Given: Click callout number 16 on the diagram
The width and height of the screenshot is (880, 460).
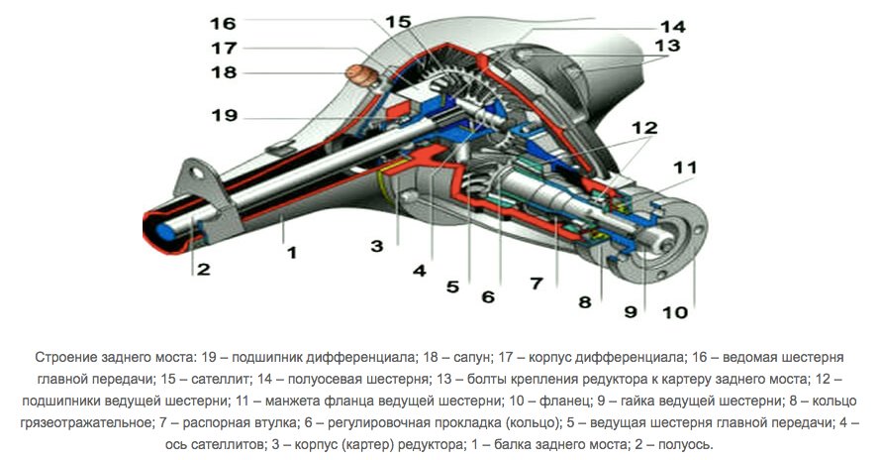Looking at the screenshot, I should pos(223,22).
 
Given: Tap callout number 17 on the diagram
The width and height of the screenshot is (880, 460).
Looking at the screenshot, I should pos(223,47).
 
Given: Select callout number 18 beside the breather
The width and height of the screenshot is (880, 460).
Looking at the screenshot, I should pos(223,72).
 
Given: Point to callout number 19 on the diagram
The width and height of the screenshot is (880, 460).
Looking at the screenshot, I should pos(223,115).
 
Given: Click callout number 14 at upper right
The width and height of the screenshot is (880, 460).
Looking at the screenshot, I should pos(673,27).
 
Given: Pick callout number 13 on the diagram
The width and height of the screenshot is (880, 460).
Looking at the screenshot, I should pos(666,46).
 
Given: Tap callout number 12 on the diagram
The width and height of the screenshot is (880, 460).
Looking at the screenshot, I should pos(644,128).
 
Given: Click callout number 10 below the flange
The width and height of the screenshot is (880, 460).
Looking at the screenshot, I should pos(674,312).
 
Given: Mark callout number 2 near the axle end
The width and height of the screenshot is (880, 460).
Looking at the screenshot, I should pos(203,269).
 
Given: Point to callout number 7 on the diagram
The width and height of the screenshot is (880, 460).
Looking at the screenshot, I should pos(536,283).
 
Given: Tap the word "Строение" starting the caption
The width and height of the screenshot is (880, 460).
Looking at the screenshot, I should pos(65,356).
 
